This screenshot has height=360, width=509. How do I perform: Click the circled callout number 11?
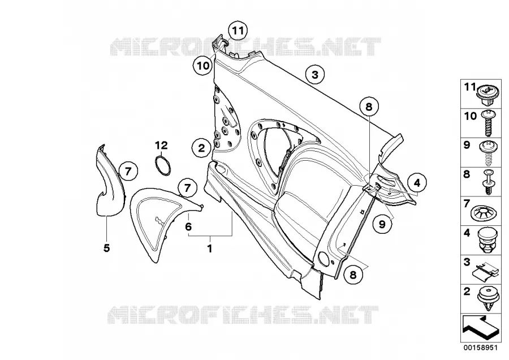pyautogui.click(x=238, y=31)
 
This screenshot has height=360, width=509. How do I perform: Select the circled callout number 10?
pyautogui.click(x=203, y=66)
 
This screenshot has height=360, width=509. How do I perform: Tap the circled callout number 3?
pyautogui.click(x=315, y=75)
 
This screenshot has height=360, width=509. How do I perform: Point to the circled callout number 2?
pyautogui.click(x=201, y=148)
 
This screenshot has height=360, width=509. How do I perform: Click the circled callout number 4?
pyautogui.click(x=417, y=183)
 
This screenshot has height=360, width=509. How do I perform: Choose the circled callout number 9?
pyautogui.click(x=382, y=224)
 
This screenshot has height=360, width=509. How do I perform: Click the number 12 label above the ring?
pyautogui.click(x=161, y=145)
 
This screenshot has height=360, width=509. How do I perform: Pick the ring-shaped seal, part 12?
pyautogui.click(x=162, y=165)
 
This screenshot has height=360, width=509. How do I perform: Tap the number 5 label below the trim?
pyautogui.click(x=106, y=248)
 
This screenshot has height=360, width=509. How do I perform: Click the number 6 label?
pyautogui.click(x=188, y=226)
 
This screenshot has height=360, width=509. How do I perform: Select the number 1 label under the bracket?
pyautogui.click(x=210, y=249)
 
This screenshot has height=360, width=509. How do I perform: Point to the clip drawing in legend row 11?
pyautogui.click(x=486, y=94)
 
